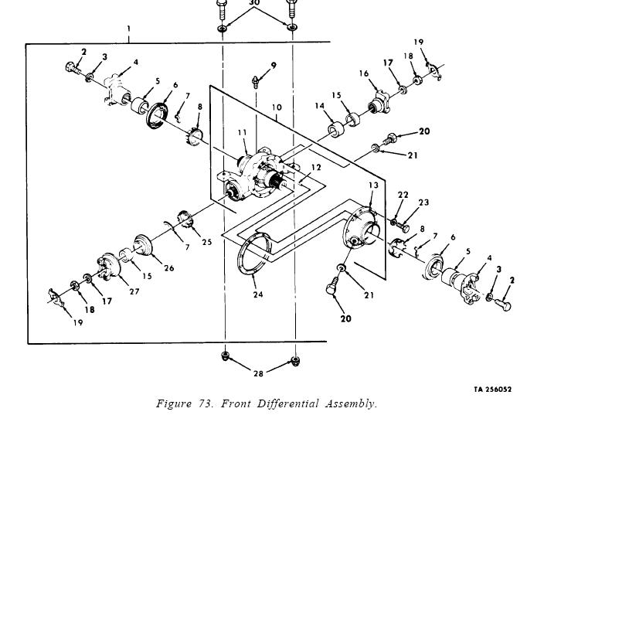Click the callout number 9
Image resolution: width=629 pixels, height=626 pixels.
pyautogui.click(x=274, y=66)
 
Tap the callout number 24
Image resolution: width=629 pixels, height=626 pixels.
pyautogui.click(x=257, y=294)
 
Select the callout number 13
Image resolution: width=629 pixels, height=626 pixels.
pyautogui.click(x=373, y=185)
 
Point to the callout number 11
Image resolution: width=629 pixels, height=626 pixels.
pyautogui.click(x=242, y=133)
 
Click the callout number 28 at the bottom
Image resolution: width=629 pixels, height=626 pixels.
pyautogui.click(x=258, y=373)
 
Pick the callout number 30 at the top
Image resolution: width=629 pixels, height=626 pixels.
pyautogui.click(x=254, y=3)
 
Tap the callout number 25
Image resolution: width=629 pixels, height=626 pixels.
pyautogui.click(x=206, y=242)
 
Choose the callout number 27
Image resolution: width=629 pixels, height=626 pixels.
pyautogui.click(x=134, y=291)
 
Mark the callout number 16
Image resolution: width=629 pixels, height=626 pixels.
pyautogui.click(x=363, y=74)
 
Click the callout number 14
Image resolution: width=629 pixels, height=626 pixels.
pyautogui.click(x=319, y=106)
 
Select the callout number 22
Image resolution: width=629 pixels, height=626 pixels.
pyautogui.click(x=403, y=196)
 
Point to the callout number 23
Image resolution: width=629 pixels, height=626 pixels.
pyautogui.click(x=423, y=202)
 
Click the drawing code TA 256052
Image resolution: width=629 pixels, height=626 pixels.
pyautogui.click(x=492, y=390)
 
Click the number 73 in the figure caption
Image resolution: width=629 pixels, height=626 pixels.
pyautogui.click(x=204, y=403)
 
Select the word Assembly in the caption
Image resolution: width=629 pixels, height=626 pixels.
pyautogui.click(x=352, y=403)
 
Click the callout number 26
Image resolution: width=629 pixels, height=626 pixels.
pyautogui.click(x=168, y=268)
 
